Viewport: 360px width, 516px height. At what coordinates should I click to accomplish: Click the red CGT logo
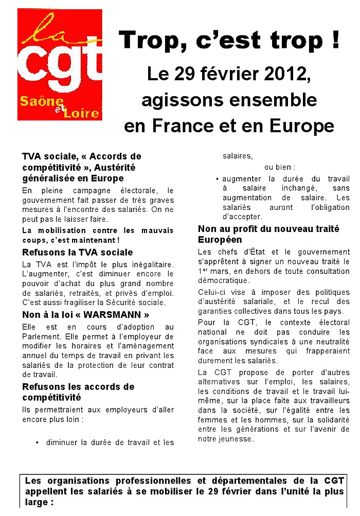click(59, 64)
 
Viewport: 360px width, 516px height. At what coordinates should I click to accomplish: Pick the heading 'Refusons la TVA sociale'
click(78, 253)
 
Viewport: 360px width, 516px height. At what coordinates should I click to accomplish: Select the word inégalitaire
click(143, 264)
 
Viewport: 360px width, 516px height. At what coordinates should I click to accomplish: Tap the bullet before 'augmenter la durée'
click(218, 179)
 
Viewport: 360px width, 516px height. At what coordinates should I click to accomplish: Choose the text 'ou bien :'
click(280, 167)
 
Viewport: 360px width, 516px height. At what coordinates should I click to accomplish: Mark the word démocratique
click(223, 280)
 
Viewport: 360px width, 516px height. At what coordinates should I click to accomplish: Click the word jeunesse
click(236, 439)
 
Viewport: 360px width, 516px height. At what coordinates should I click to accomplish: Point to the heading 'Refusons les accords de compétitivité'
click(78, 392)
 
